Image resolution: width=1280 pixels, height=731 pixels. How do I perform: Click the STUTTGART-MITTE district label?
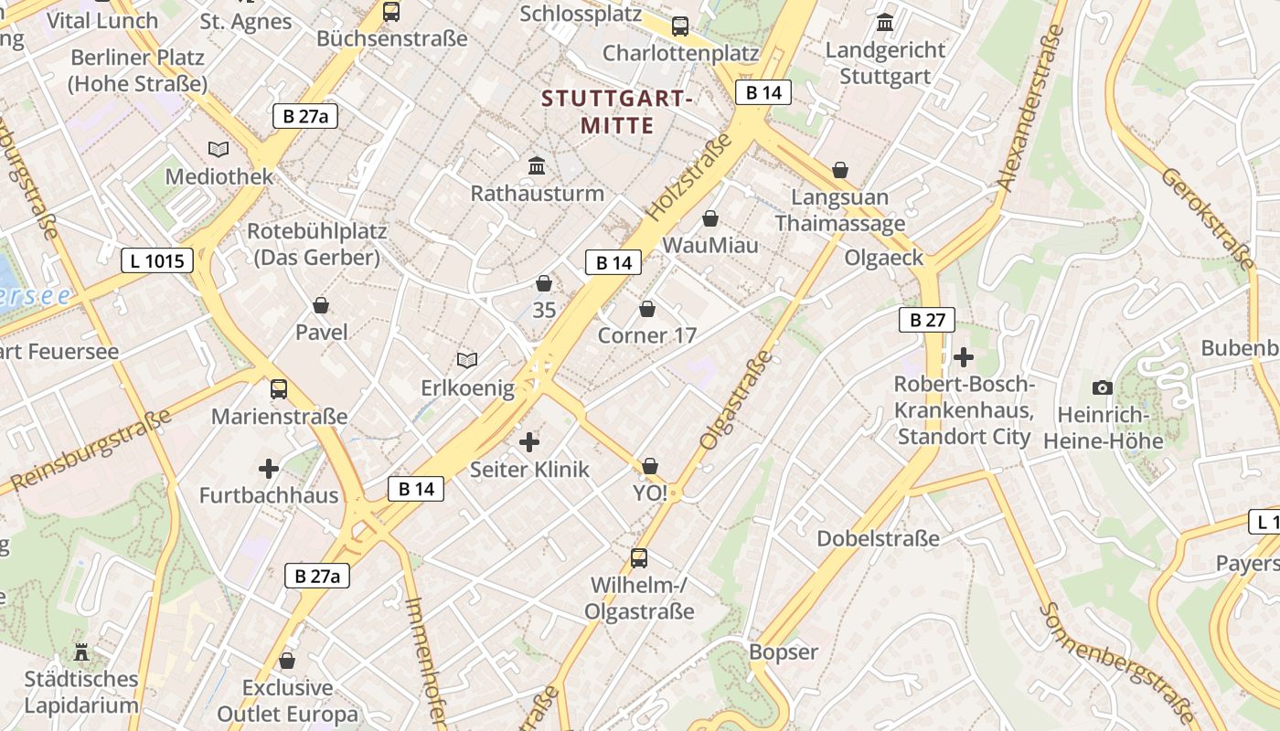617,111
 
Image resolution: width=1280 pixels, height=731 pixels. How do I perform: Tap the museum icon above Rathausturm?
538,166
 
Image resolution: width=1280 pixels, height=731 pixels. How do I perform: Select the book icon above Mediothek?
219,149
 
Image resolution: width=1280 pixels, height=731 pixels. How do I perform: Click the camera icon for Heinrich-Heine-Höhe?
1103,387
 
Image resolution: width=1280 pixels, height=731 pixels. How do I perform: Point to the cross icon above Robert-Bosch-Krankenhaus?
964,356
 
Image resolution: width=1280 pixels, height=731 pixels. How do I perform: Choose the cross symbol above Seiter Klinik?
529,443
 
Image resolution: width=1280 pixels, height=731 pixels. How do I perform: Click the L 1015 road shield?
157,260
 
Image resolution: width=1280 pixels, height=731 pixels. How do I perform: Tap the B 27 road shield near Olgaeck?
927,320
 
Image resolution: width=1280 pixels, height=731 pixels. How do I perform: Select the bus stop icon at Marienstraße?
279,389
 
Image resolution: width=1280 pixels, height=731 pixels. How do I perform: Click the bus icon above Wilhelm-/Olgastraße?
639,557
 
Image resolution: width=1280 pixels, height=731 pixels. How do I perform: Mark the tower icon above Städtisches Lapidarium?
81,652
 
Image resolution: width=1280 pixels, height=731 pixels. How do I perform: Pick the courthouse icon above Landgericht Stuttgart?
885,23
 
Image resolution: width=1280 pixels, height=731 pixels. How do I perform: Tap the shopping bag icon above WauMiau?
710,218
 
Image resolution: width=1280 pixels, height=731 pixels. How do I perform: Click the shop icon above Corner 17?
647,309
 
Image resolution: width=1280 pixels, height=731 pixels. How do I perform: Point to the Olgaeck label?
884,258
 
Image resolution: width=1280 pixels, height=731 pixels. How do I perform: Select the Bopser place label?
784,652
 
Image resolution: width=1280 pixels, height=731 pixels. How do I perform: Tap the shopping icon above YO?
650,467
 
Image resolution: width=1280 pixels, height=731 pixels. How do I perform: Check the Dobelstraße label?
878,538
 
